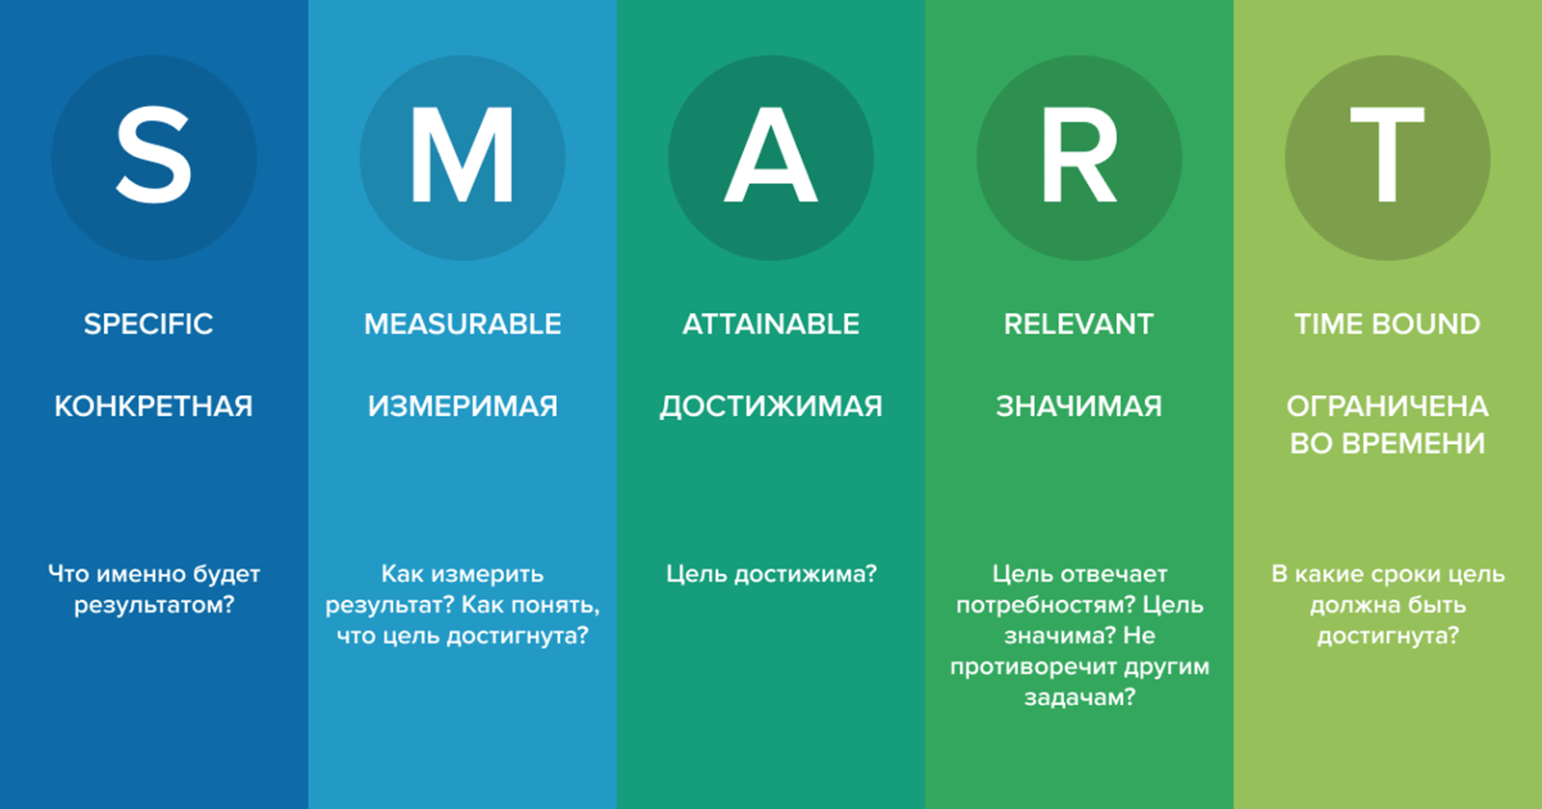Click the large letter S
(x=153, y=155)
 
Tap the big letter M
(x=462, y=155)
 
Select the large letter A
(x=770, y=155)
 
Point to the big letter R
(x=1078, y=155)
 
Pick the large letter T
(x=1387, y=155)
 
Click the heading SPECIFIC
(x=148, y=324)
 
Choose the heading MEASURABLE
(x=463, y=324)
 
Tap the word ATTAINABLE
(x=771, y=324)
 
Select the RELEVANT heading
(x=1078, y=324)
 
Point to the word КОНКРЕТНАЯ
(x=153, y=406)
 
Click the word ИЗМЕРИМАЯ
(x=463, y=406)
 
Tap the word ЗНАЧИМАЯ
(x=1078, y=406)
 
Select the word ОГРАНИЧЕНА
(x=1388, y=406)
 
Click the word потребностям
(x=1047, y=606)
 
